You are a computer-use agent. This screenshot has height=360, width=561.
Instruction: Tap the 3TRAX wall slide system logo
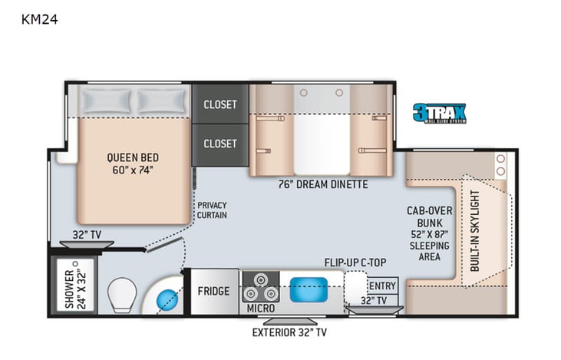(439, 114)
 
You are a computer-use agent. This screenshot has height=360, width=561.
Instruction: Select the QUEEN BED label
(133, 163)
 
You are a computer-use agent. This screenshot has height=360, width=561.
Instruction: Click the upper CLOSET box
(219, 104)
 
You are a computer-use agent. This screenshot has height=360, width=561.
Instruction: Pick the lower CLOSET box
(219, 144)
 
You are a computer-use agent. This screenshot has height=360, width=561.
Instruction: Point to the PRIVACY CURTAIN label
(212, 210)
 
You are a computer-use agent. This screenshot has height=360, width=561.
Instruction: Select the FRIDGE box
(214, 291)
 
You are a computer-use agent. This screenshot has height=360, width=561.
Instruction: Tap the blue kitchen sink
(309, 289)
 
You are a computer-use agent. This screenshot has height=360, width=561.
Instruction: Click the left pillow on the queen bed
(107, 100)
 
